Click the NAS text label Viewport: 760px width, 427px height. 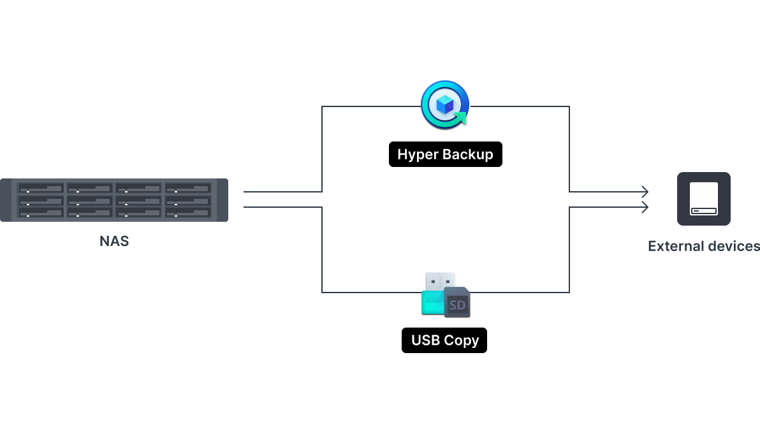pos(114,242)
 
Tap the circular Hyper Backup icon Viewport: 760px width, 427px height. pos(445,105)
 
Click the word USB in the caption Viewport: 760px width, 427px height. pos(426,340)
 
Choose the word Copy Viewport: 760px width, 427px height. pos(461,340)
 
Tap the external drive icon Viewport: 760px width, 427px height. pos(703,198)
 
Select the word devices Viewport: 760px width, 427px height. pos(734,246)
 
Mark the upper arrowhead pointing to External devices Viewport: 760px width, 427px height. pos(645,192)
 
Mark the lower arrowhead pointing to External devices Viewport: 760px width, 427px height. pos(645,208)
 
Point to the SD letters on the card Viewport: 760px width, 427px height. pos(457,305)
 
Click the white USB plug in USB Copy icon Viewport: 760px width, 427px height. pos(440,281)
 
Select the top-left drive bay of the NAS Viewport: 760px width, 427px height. pos(40,189)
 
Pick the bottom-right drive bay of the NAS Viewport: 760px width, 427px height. pos(187,212)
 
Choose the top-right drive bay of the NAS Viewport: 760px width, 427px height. pos(187,189)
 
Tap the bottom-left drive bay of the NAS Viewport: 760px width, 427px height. pos(40,212)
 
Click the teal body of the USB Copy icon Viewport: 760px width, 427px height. pos(432,303)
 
